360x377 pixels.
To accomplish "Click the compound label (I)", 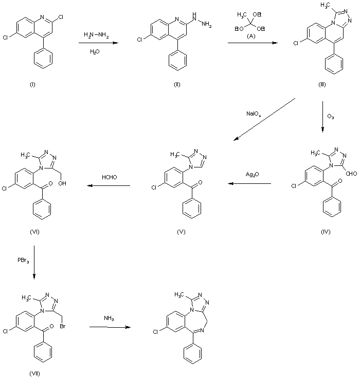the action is pyautogui.click(x=32, y=84).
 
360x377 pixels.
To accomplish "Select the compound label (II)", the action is pyautogui.click(x=177, y=84).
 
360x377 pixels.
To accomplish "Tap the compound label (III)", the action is pyautogui.click(x=322, y=84).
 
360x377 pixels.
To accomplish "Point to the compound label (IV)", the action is pyautogui.click(x=326, y=232).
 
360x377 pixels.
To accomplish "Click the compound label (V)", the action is pyautogui.click(x=181, y=232).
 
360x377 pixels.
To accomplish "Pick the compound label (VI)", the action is pyautogui.click(x=34, y=232).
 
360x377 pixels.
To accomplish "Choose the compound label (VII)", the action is pyautogui.click(x=34, y=373).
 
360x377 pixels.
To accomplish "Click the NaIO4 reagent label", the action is pyautogui.click(x=254, y=114).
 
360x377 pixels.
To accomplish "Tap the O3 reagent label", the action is pyautogui.click(x=330, y=117).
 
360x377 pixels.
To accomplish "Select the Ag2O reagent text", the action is pyautogui.click(x=252, y=174).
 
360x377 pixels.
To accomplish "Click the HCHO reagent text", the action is pyautogui.click(x=110, y=177).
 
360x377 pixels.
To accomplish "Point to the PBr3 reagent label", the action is pyautogui.click(x=23, y=260).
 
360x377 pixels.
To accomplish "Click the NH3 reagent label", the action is pyautogui.click(x=109, y=318).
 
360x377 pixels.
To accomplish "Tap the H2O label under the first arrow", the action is pyautogui.click(x=95, y=51).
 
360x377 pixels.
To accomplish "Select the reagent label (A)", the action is pyautogui.click(x=251, y=36).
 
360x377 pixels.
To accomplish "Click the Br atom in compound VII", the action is pyautogui.click(x=63, y=326).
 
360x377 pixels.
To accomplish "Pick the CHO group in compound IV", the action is pyautogui.click(x=352, y=174).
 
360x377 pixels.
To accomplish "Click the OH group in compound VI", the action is pyautogui.click(x=62, y=183).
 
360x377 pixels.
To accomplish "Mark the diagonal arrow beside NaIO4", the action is pyautogui.click(x=264, y=119).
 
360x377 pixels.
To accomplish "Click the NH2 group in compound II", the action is pyautogui.click(x=206, y=24).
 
